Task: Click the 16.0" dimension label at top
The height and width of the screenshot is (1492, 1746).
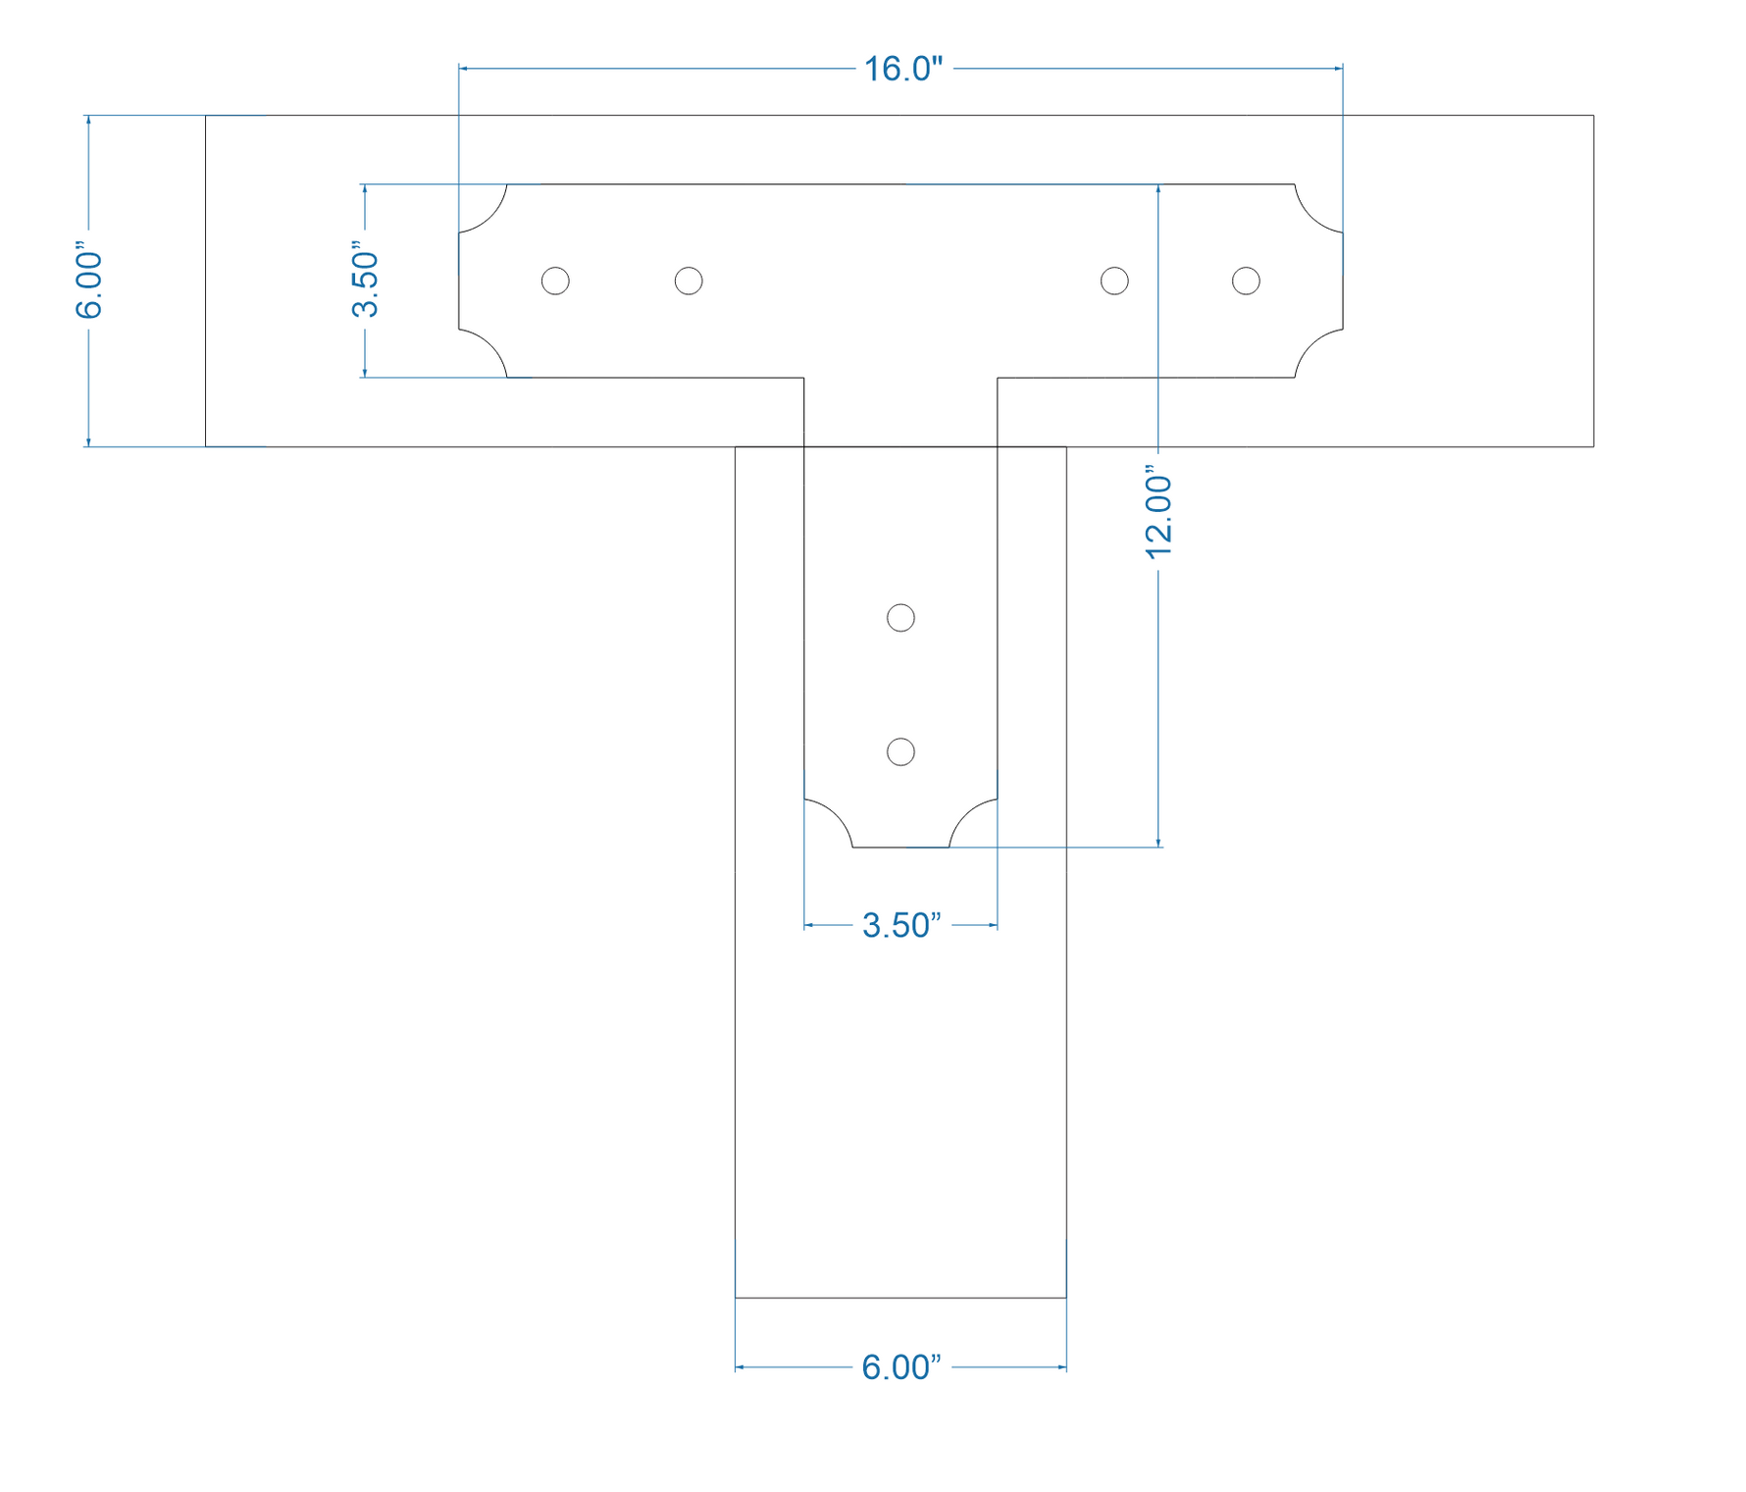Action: pos(902,69)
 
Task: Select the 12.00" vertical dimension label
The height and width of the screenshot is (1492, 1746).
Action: pos(1158,517)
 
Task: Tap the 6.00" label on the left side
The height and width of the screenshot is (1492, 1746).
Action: pos(88,284)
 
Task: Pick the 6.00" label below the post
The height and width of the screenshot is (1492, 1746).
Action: pos(900,1367)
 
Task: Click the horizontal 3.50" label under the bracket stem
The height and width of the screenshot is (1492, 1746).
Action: pos(900,925)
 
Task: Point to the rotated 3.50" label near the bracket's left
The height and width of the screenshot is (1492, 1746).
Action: pos(365,284)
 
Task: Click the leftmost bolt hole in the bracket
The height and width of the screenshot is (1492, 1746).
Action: pos(555,281)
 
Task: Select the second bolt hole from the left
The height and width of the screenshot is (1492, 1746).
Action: pos(689,281)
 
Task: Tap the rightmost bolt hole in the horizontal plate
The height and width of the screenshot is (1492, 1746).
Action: pos(1246,281)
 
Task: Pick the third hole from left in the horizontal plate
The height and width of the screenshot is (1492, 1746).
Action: pos(1114,281)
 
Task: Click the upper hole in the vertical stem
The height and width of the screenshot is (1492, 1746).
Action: pos(900,618)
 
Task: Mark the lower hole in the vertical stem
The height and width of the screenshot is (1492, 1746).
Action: pos(900,752)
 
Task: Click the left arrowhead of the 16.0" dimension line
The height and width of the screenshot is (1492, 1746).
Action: pos(463,69)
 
